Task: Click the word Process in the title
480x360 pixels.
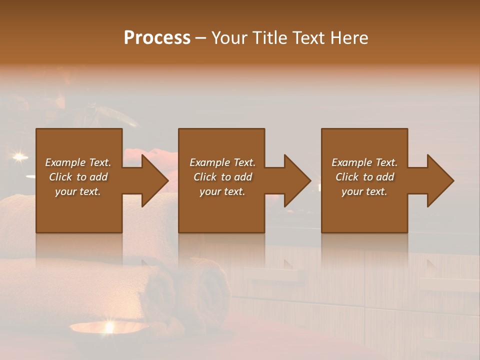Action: coord(157,38)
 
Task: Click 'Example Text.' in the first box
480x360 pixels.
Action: coord(78,162)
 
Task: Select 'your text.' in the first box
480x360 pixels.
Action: coord(78,191)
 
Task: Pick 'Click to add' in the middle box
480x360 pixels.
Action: coord(222,177)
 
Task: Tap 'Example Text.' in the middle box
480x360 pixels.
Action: coord(222,162)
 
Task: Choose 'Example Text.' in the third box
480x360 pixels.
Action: coord(364,162)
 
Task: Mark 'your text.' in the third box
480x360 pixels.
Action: coord(364,191)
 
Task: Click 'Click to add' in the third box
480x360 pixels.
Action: coord(364,177)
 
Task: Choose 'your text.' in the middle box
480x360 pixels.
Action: coord(222,191)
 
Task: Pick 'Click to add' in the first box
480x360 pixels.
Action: coord(78,177)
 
